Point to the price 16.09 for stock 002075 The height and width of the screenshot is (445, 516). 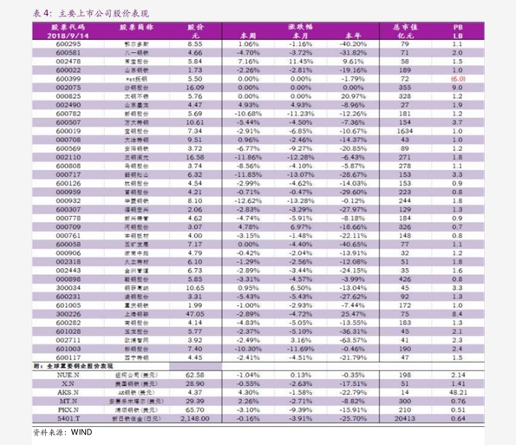point(194,88)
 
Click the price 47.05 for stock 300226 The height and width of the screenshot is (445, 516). point(194,313)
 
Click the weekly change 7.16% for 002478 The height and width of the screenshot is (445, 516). point(248,62)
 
